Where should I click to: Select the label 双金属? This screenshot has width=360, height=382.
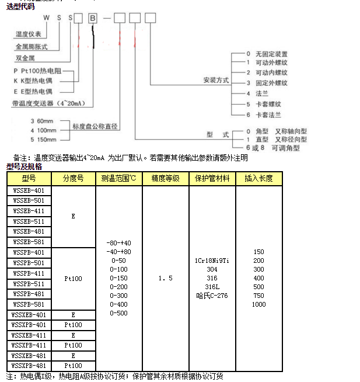(25, 58)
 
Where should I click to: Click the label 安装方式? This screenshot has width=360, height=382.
(215, 79)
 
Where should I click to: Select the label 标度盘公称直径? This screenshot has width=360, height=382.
(95, 126)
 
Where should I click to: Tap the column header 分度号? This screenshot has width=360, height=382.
(73, 178)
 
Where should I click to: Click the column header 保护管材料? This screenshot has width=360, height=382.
(212, 178)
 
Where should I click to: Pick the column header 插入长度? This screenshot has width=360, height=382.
(258, 178)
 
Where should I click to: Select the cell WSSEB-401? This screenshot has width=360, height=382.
(29, 190)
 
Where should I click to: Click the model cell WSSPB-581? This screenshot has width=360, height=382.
(29, 304)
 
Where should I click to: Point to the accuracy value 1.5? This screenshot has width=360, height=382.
(165, 279)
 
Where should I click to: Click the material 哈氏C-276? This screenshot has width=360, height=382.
(212, 296)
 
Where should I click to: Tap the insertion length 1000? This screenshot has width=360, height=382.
(258, 304)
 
